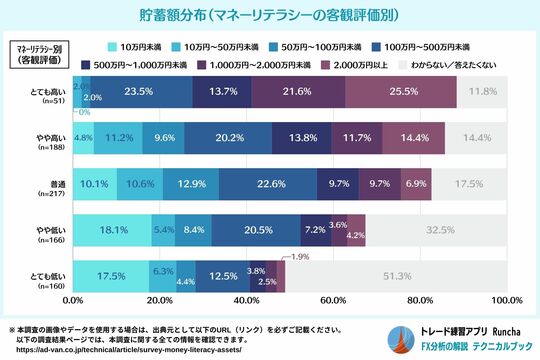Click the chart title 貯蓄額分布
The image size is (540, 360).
pyautogui.click(x=269, y=16)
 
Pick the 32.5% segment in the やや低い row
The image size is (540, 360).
pyautogui.click(x=436, y=229)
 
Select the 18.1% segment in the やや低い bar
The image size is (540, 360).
pyautogui.click(x=111, y=229)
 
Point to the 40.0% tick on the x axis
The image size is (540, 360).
pyautogui.click(x=246, y=300)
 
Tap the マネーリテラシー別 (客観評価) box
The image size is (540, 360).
pyautogui.click(x=35, y=55)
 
